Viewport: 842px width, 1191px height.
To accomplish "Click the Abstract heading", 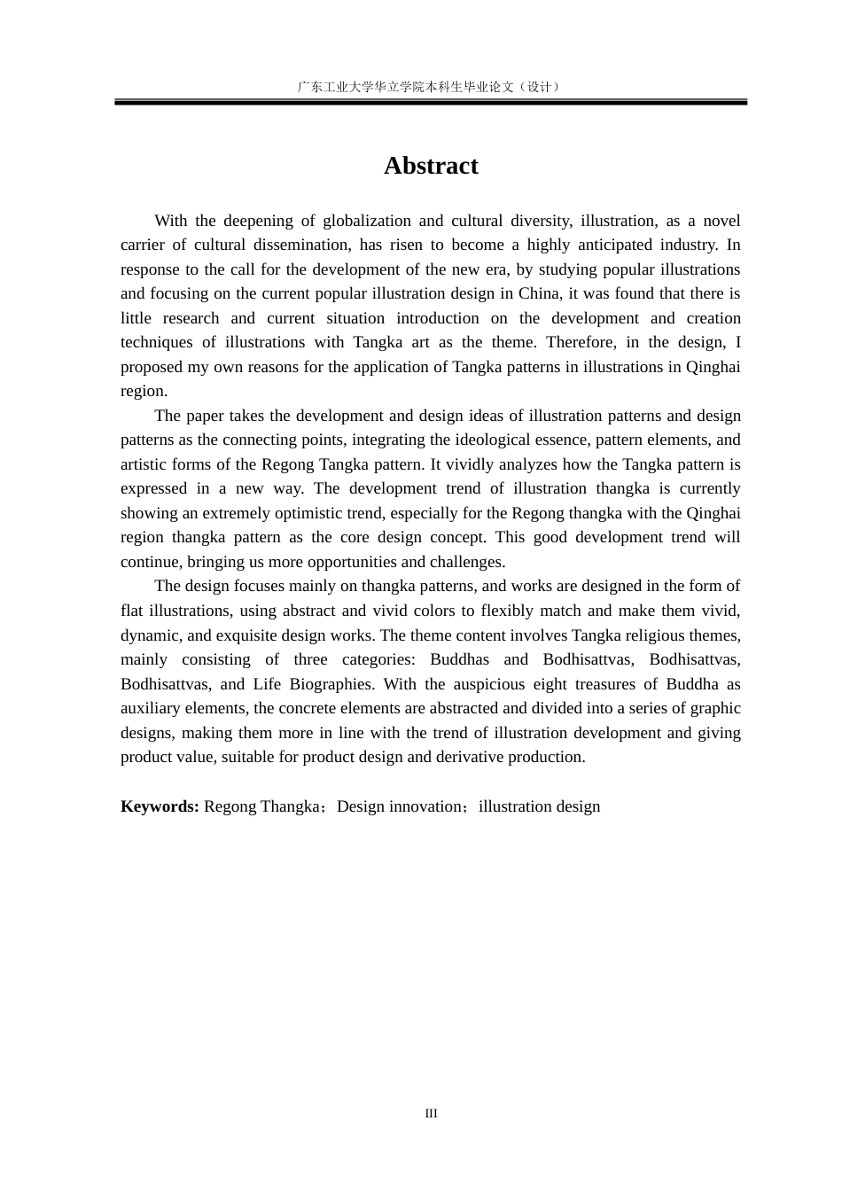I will pos(431,166).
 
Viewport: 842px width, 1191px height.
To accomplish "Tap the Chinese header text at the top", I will pos(431,87).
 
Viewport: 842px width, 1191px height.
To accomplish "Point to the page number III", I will pos(431,1114).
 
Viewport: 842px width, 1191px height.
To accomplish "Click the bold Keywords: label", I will pos(160,806).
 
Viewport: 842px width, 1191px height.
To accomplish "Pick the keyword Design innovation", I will pos(399,806).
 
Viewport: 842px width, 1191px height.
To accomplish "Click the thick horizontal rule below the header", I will pos(431,103).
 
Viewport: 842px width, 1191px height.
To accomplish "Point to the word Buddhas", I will pos(459,659).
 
